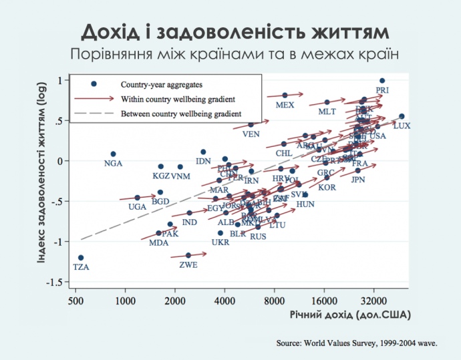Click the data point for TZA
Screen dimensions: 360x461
click(x=81, y=257)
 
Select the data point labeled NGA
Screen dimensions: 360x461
click(x=113, y=154)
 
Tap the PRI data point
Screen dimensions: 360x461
click(x=382, y=80)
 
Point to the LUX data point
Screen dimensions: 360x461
click(x=402, y=116)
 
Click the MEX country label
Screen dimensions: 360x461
click(x=285, y=106)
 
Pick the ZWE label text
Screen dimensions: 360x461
click(x=188, y=265)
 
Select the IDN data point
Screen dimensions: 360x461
click(x=203, y=152)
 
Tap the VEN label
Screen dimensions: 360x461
click(x=251, y=134)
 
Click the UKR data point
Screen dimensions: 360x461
click(x=220, y=233)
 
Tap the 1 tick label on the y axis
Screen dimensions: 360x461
click(x=59, y=80)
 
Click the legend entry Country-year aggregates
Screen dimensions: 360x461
click(x=162, y=85)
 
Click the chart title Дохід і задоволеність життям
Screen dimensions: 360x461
click(x=230, y=32)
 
